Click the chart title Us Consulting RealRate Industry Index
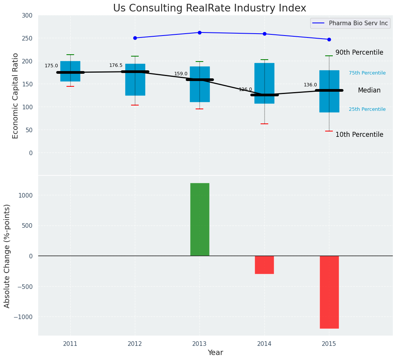coord(209,8)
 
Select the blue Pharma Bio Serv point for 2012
coord(135,38)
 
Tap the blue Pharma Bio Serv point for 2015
coord(329,39)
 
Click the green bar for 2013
coord(199,219)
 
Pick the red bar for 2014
coord(264,264)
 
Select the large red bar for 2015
coord(329,292)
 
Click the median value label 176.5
coord(116,65)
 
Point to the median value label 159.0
coord(181,74)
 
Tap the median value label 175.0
coord(51,66)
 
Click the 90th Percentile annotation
coord(359,52)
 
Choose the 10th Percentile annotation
coord(359,135)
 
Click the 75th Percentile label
coord(367,73)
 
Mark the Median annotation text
coord(369,90)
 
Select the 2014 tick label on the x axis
coord(264,344)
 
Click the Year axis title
coord(216,352)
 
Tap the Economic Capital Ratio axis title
coord(16,96)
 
